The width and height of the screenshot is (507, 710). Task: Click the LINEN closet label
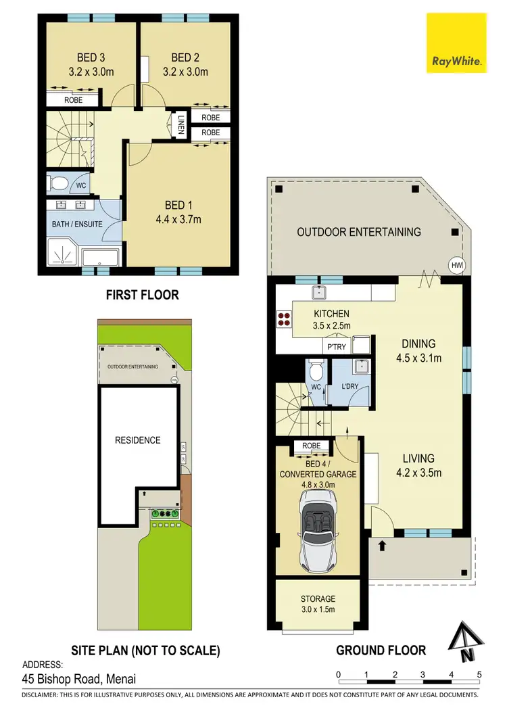(180, 124)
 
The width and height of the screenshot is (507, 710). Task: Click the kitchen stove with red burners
(283, 319)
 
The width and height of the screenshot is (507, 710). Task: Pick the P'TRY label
(336, 346)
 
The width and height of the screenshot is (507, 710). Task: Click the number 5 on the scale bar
(479, 674)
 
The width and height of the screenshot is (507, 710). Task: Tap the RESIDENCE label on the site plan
(137, 440)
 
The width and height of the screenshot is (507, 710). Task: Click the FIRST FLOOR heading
(142, 295)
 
